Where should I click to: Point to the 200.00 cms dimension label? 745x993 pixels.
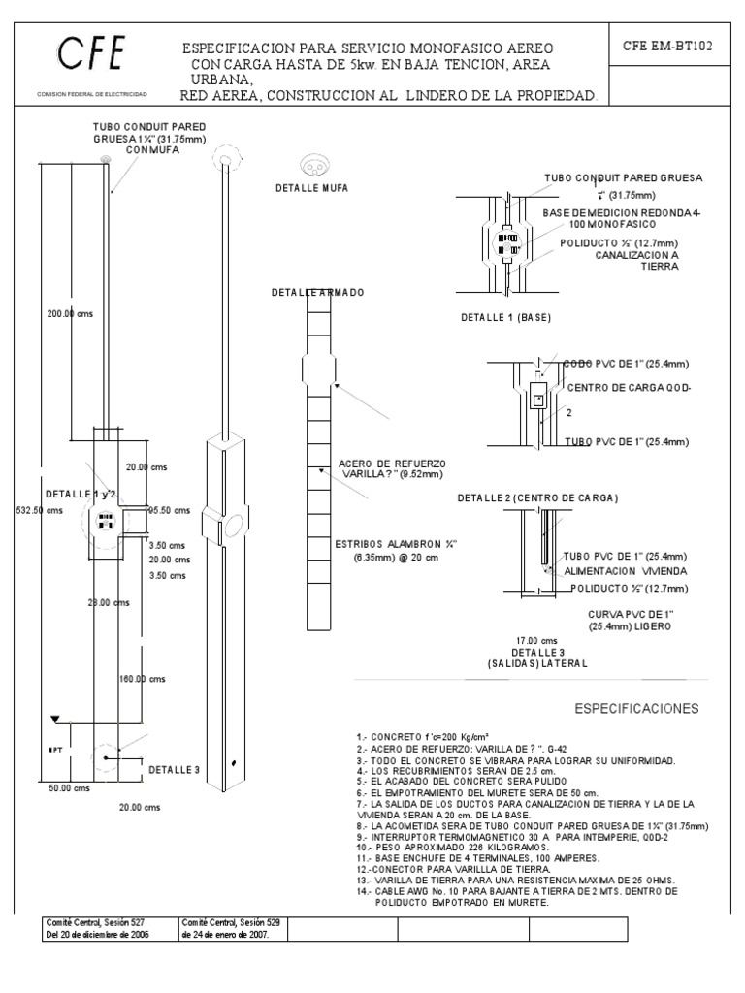(70, 313)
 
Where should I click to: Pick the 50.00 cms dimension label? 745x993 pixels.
(68, 788)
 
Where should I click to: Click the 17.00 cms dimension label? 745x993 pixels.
(536, 640)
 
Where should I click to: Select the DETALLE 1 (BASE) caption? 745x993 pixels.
(505, 317)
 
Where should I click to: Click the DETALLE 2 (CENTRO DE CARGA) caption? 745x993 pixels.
(537, 497)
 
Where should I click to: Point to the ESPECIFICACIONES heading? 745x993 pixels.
(635, 709)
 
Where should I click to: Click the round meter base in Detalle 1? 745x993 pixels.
(505, 242)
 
